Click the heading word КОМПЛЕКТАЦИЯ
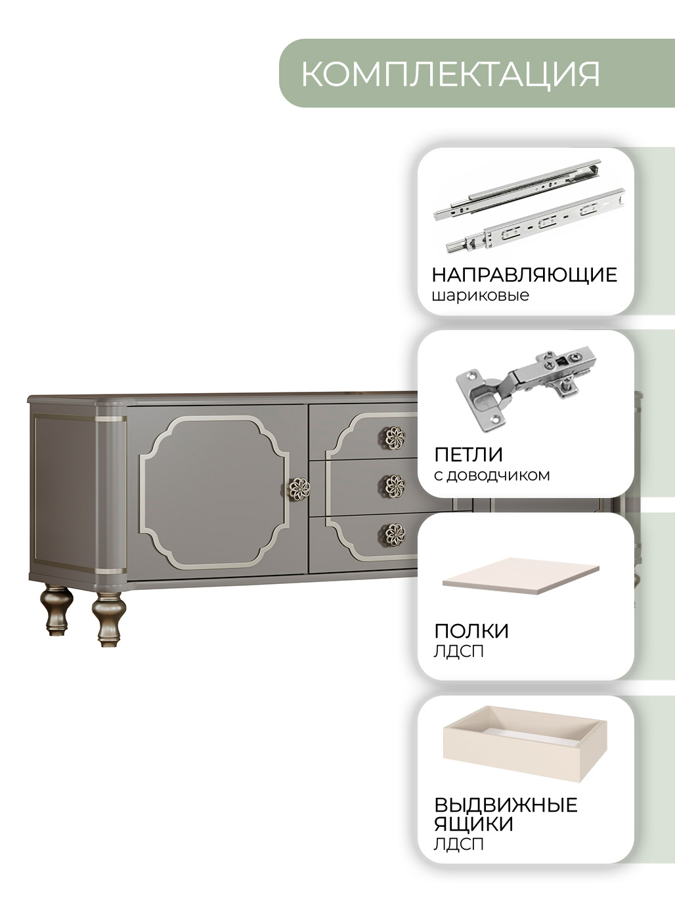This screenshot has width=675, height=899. tap(450, 73)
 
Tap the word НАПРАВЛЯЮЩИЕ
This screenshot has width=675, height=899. tap(524, 274)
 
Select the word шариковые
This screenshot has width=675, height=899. tap(481, 295)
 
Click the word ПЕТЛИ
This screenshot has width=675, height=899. tap(468, 455)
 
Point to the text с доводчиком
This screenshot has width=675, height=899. tap(492, 476)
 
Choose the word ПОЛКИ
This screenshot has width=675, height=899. tap(471, 631)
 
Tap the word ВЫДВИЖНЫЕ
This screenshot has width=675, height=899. tap(506, 805)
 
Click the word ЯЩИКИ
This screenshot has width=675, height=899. tap(474, 824)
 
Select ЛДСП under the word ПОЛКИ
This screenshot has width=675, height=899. tap(458, 651)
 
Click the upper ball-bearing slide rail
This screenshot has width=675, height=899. tap(517, 190)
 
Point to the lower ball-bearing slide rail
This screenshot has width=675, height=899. tap(536, 220)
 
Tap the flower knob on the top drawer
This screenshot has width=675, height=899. tap(395, 438)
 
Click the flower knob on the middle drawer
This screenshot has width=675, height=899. tap(395, 486)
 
